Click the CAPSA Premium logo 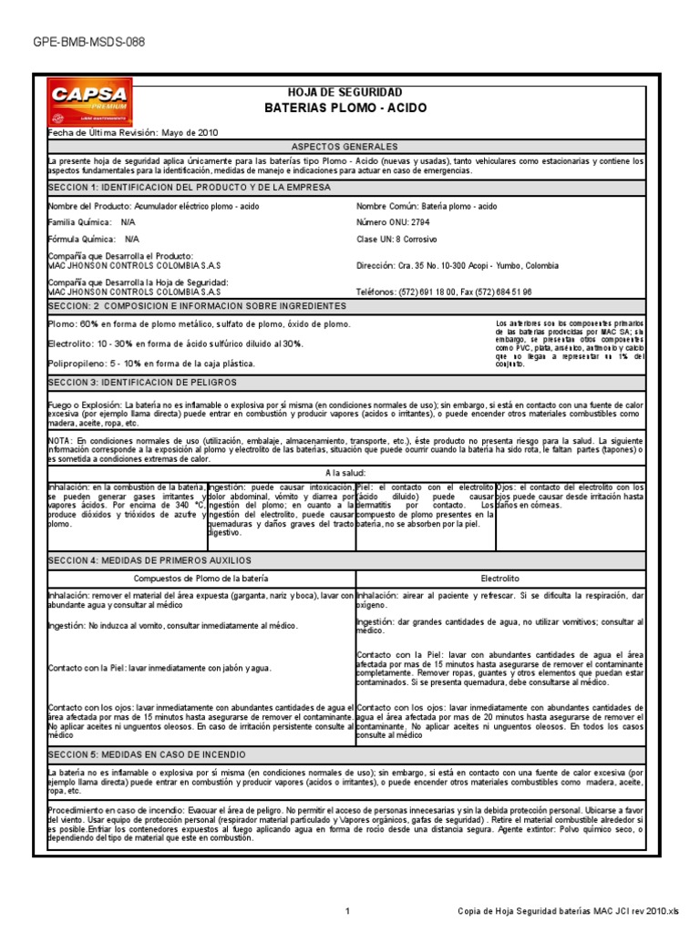tap(88, 105)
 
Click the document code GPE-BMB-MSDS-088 tap(88, 43)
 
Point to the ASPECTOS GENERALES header tap(345, 147)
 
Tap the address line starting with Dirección tap(458, 266)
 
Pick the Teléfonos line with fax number tap(444, 292)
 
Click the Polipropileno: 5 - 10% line tap(150, 363)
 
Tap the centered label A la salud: tap(345, 473)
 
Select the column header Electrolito tap(499, 578)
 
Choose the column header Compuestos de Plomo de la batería tap(201, 578)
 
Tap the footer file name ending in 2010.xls tap(568, 912)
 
